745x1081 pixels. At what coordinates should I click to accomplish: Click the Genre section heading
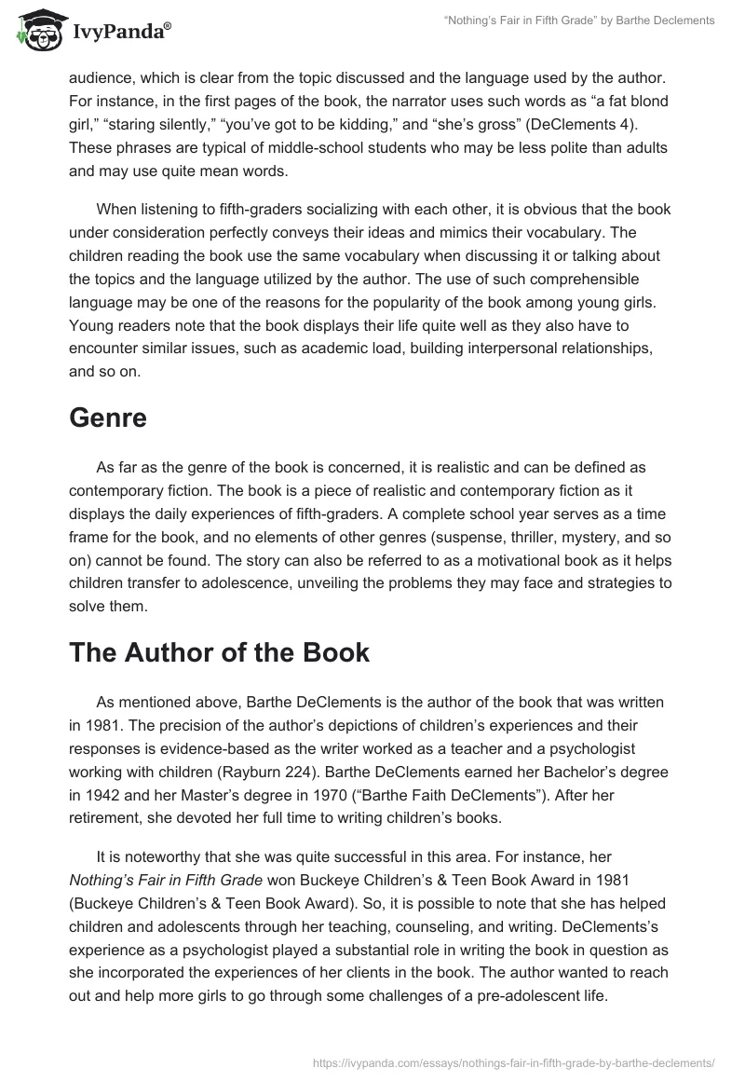[x=108, y=418]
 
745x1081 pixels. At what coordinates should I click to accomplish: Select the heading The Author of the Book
[x=219, y=652]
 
